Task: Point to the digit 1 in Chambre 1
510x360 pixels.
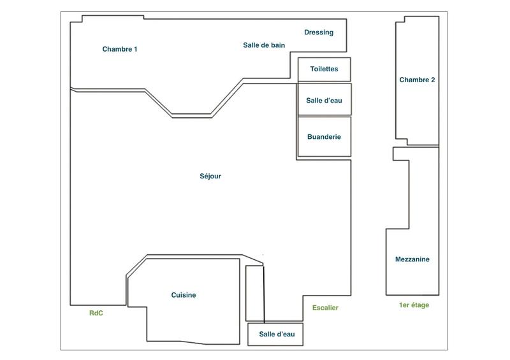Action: (135, 49)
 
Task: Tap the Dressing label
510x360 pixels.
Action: (319, 32)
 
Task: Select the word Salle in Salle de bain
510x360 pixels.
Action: (252, 45)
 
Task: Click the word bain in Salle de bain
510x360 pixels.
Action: (277, 45)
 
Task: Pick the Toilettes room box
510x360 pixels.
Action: (324, 69)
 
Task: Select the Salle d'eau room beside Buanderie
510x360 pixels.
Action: (324, 100)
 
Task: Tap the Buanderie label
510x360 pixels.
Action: (324, 137)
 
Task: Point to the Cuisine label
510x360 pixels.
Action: (184, 295)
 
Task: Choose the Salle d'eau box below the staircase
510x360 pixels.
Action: (275, 335)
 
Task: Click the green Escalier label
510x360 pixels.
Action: (325, 308)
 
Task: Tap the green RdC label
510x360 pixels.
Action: (96, 313)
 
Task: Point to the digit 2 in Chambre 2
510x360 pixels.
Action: (433, 80)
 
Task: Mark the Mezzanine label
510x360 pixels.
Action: (412, 259)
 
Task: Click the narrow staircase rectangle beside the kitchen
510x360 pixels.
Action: (254, 293)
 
